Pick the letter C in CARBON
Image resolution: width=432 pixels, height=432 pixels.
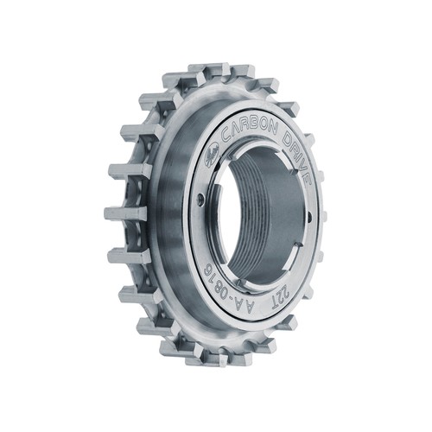coord(226,137)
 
